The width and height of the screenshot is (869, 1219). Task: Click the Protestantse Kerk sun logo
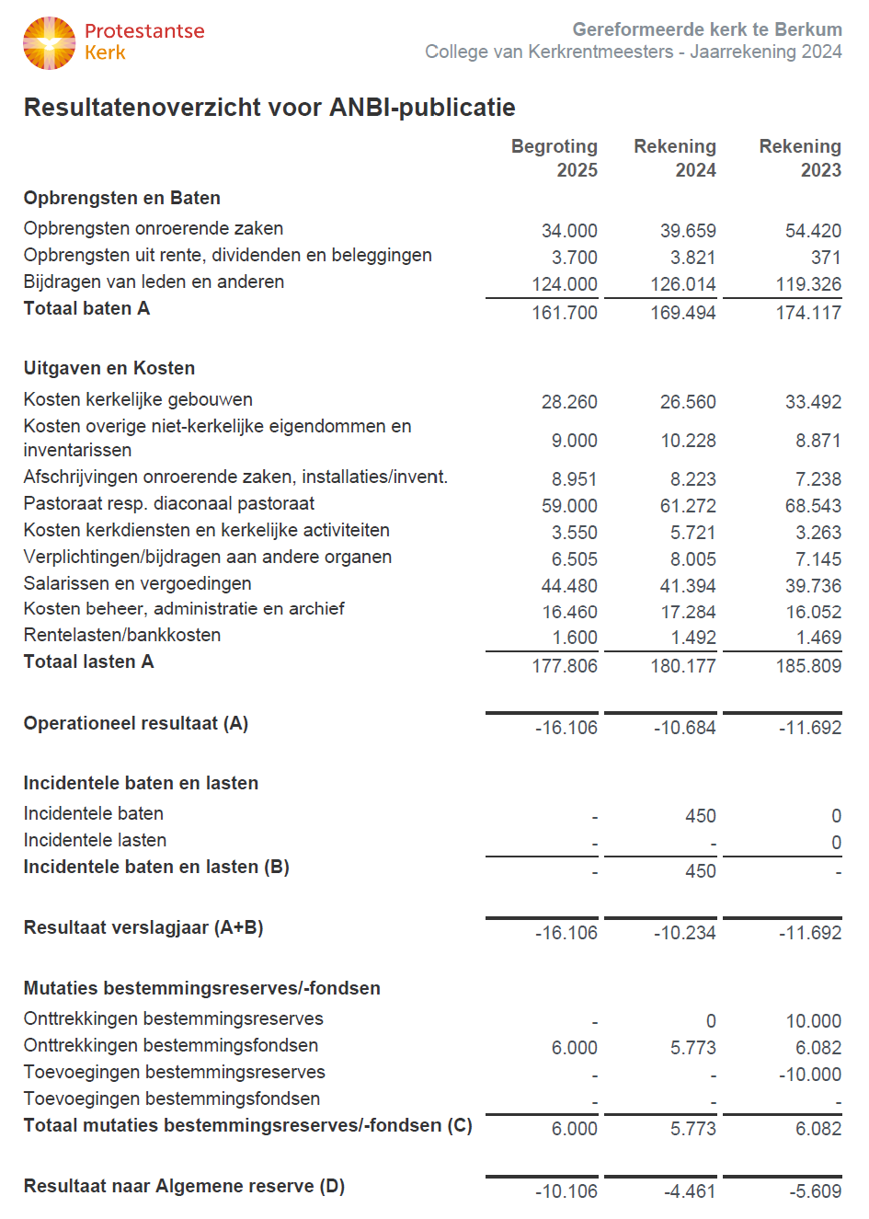[x=49, y=43]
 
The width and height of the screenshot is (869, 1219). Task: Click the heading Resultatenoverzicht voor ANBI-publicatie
[x=269, y=108]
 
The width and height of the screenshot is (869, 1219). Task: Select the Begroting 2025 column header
[x=555, y=158]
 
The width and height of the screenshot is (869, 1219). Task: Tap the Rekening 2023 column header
[x=800, y=158]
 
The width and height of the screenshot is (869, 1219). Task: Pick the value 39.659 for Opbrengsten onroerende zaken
[x=688, y=231]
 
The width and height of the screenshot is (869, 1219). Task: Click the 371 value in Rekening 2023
[x=826, y=258]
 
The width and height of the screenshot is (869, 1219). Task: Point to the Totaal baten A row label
[x=86, y=308]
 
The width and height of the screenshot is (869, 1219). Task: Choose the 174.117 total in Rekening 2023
[x=808, y=313]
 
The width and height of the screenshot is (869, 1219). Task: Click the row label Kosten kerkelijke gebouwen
[x=138, y=399]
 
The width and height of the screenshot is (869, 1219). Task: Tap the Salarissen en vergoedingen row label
[x=138, y=583]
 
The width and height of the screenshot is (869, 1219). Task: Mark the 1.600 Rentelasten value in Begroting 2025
[x=575, y=638]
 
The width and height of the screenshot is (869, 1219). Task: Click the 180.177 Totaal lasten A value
[x=683, y=666]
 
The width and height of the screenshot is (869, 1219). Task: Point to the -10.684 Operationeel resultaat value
[x=685, y=728]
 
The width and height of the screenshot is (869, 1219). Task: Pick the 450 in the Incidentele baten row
[x=701, y=816]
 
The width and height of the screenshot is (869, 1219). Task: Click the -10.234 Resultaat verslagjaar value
[x=685, y=933]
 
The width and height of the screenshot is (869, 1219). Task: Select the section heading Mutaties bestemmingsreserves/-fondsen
[x=202, y=988]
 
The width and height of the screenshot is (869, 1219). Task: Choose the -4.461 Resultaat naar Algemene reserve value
[x=690, y=1191]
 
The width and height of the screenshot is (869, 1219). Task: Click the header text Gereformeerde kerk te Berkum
[x=707, y=29]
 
